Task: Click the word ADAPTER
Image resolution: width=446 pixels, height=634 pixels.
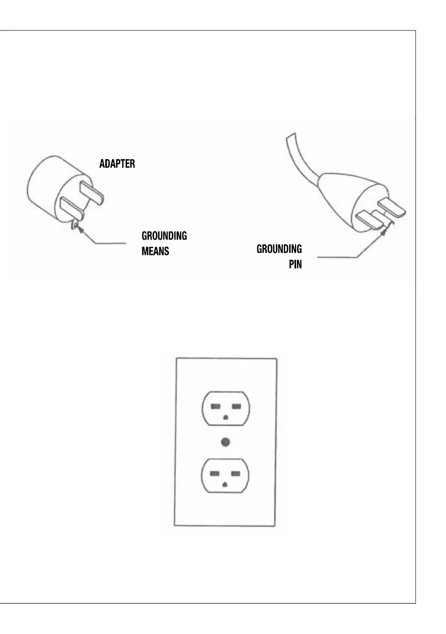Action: [x=117, y=163]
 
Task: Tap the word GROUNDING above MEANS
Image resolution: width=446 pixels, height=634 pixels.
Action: [x=164, y=236]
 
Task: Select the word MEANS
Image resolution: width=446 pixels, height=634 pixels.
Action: [x=155, y=251]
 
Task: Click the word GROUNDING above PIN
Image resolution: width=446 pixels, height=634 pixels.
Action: [x=279, y=249]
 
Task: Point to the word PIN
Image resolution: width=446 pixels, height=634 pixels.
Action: [x=295, y=264]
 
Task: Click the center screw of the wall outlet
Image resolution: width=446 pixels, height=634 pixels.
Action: [x=225, y=441]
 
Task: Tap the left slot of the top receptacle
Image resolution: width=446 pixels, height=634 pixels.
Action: [x=215, y=407]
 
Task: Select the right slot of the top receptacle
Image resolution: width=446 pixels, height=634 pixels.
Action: [x=236, y=407]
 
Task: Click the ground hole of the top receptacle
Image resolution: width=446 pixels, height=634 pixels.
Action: [x=225, y=418]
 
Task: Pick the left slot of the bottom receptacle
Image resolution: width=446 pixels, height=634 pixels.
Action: [x=215, y=473]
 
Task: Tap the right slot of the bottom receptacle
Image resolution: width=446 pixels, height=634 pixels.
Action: [x=236, y=473]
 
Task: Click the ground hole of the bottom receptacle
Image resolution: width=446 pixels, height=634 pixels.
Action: [x=225, y=484]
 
